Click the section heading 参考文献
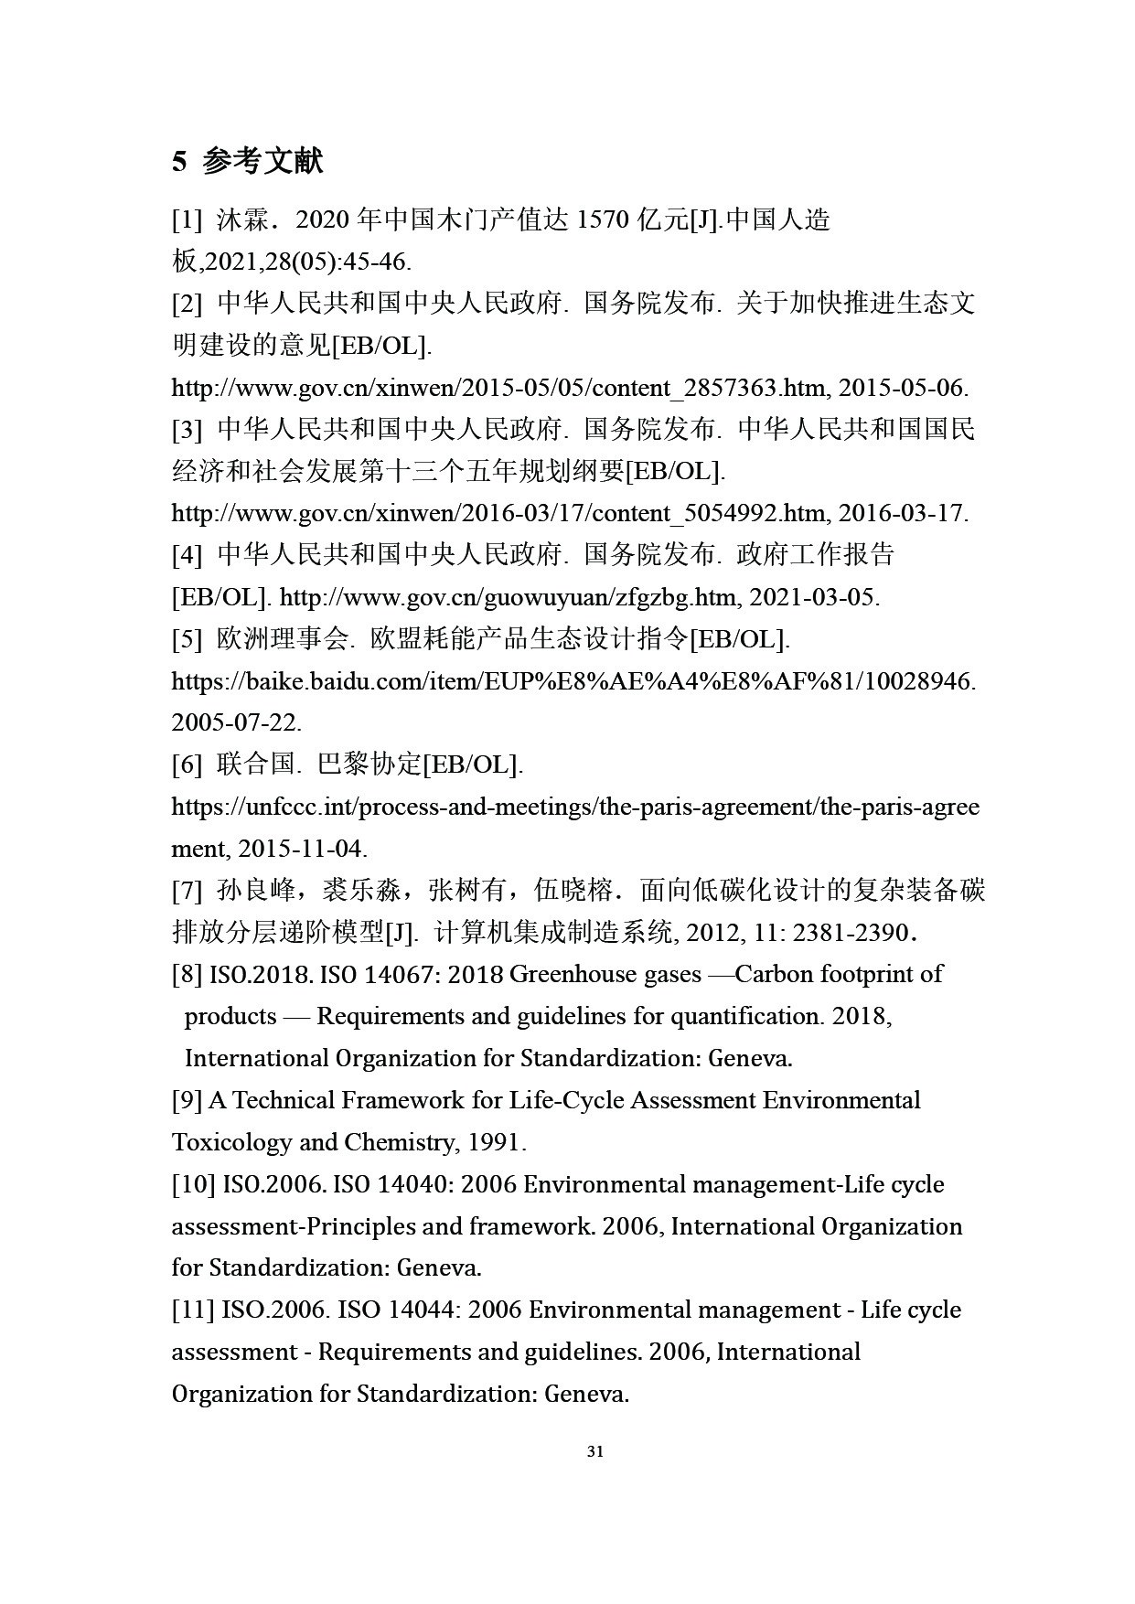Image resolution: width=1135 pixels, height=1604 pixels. pos(262,162)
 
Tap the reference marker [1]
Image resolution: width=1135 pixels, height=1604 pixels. pos(187,220)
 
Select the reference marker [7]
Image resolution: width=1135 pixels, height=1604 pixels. pos(187,890)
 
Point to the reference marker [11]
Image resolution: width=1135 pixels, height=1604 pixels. pos(193,1310)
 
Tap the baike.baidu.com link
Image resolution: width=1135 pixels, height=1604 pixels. pos(573,681)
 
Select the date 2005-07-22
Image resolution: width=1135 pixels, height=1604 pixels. pos(236,722)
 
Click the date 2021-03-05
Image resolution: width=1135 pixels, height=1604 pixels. pos(814,597)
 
